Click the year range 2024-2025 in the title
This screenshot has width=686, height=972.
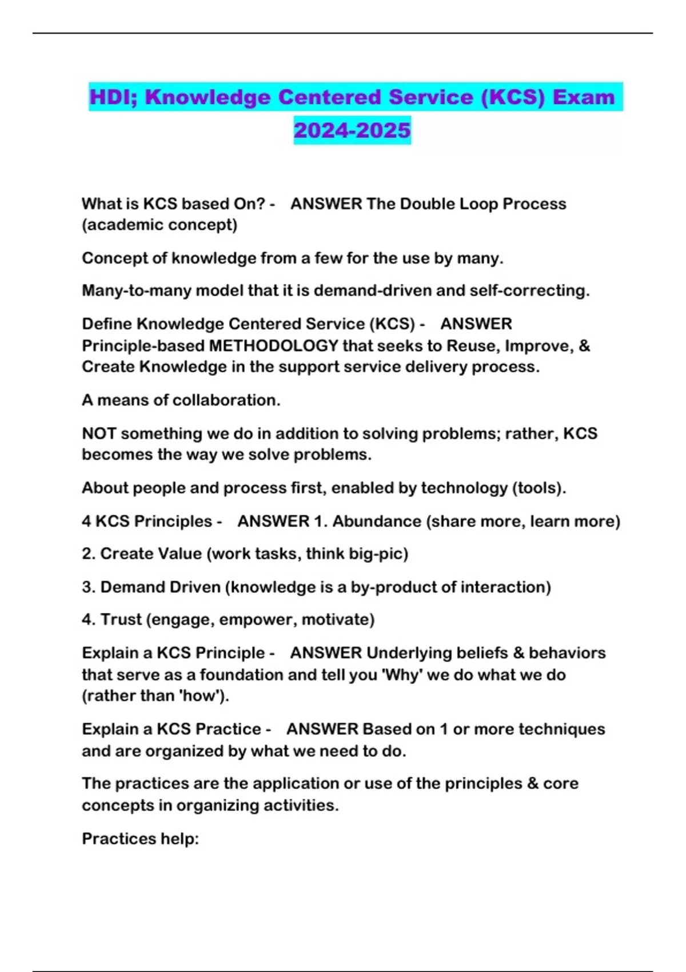coord(352,130)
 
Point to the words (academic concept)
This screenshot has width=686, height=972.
coord(159,225)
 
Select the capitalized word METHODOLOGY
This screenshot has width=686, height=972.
coord(274,346)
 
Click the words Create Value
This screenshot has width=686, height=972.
coord(151,553)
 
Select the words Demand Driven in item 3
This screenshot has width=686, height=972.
coord(160,587)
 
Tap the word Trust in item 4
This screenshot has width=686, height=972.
coord(121,619)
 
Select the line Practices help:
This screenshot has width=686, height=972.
coord(140,839)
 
